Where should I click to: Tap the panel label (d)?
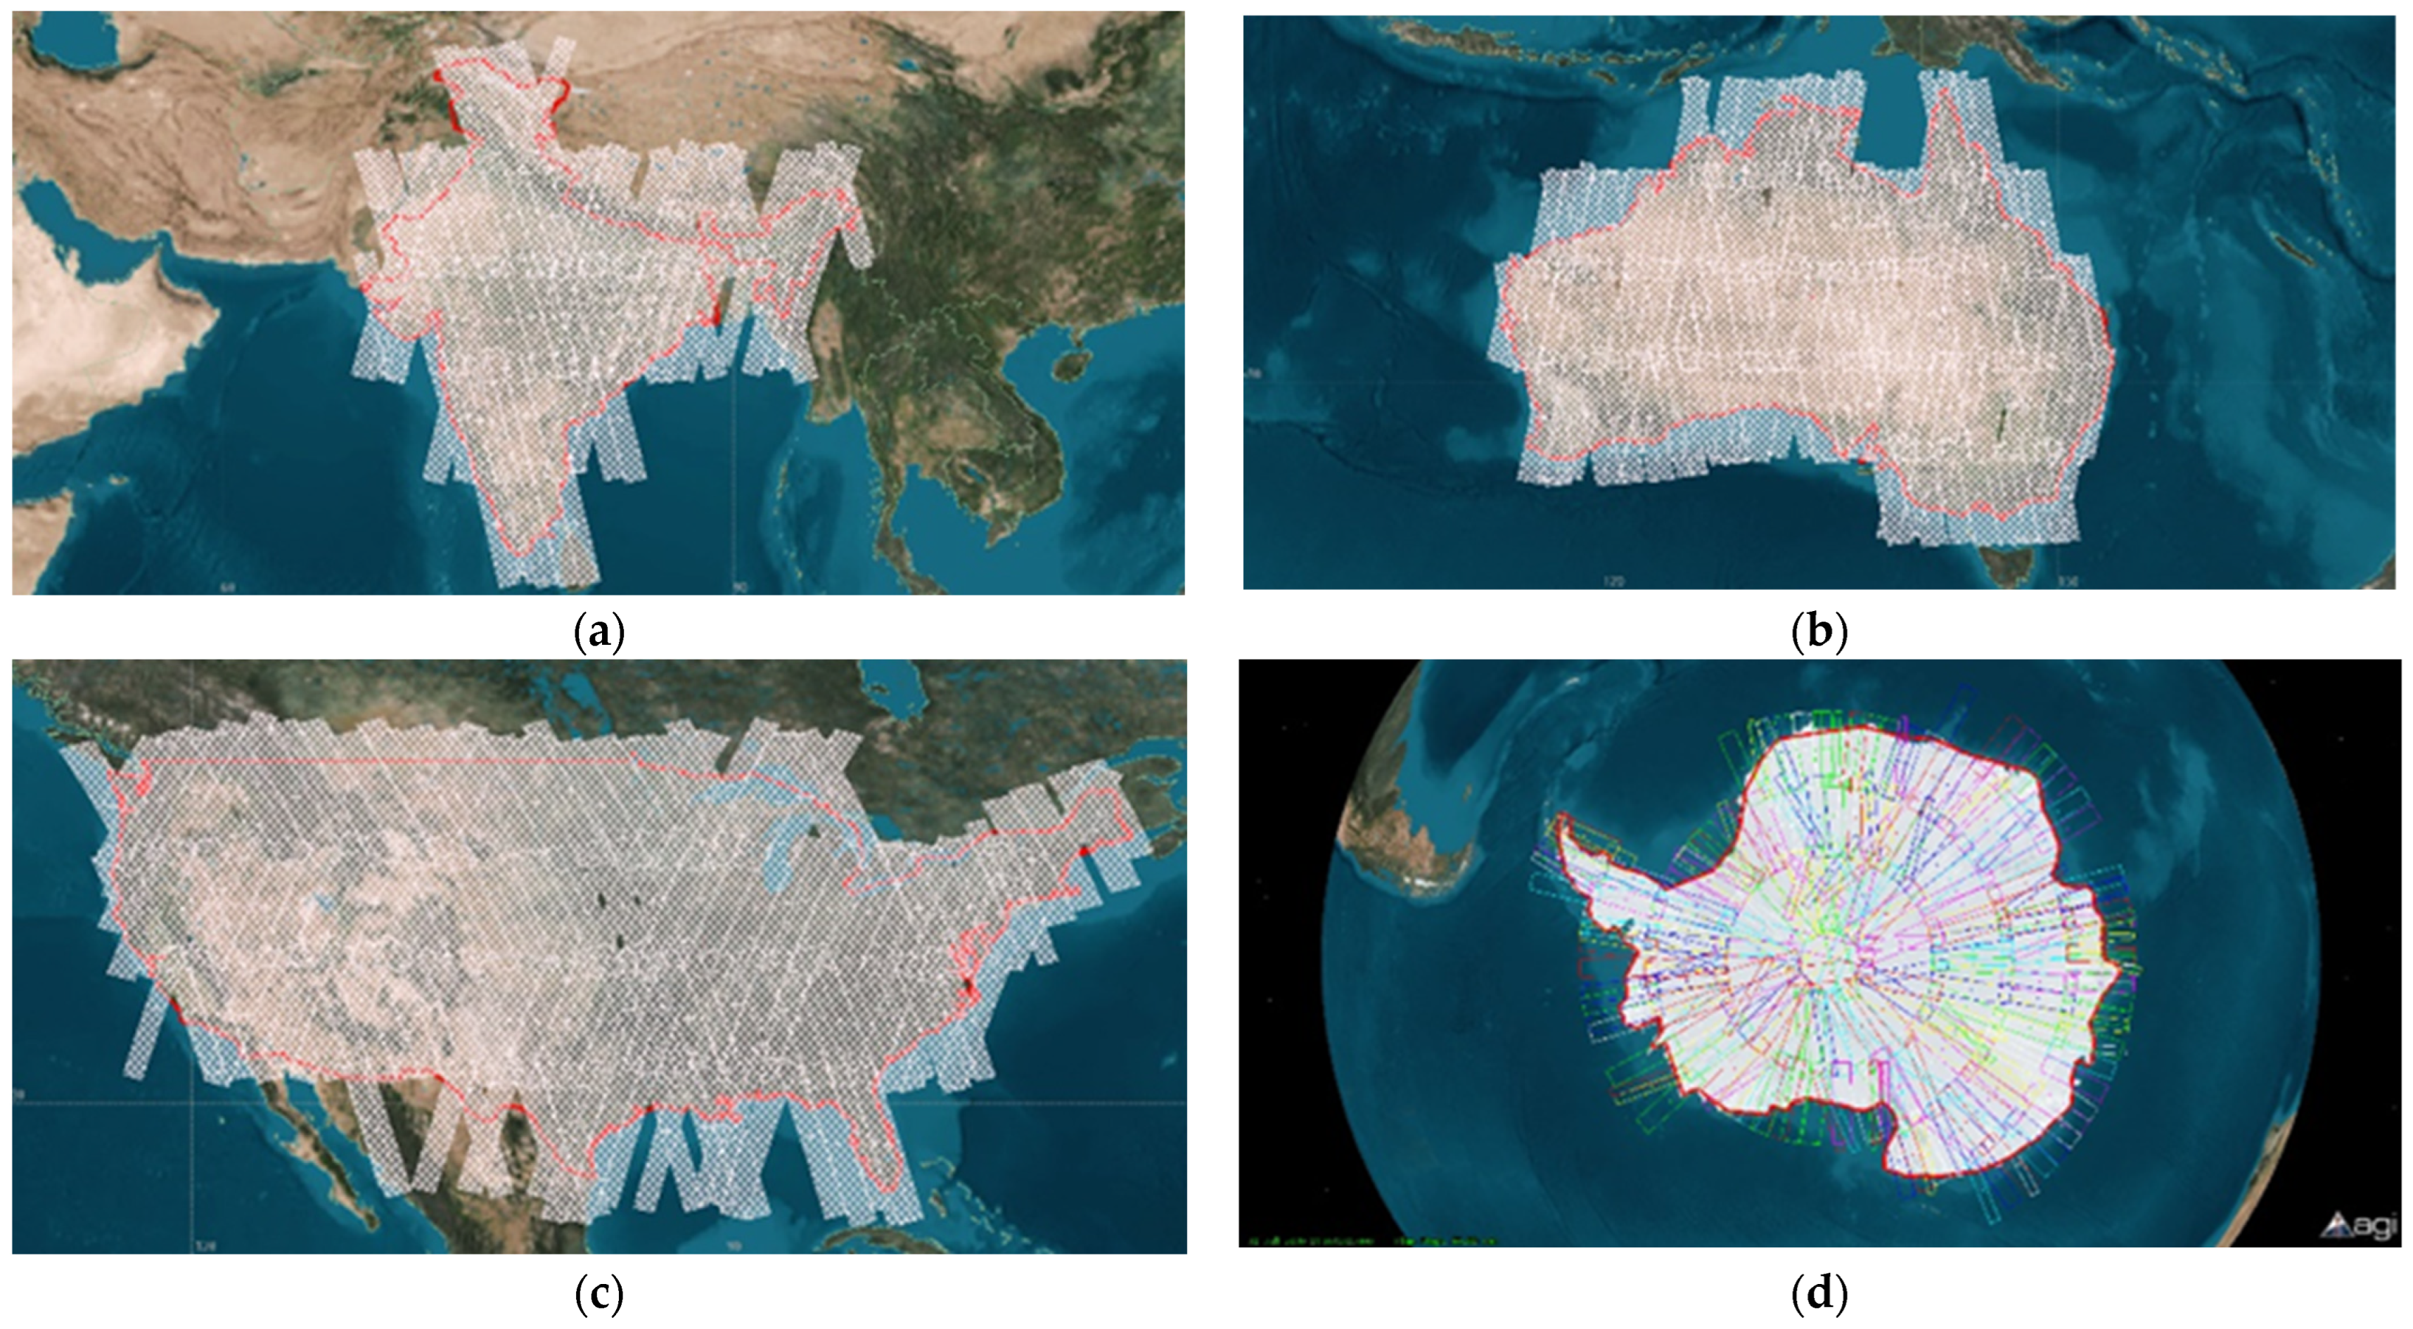(x=1818, y=1295)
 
